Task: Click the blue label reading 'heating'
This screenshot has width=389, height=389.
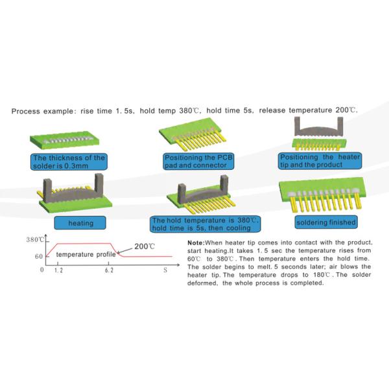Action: pos(80,223)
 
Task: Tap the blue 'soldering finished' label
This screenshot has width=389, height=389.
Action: pos(326,222)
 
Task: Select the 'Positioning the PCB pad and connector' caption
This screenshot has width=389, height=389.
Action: pos(198,161)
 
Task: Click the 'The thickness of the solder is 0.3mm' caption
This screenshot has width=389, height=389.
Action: pos(69,161)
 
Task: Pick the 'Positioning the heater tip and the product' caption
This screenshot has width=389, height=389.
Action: pos(320,161)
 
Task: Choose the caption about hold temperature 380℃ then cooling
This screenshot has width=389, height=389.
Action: pos(205,224)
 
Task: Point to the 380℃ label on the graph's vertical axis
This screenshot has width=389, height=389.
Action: pos(35,240)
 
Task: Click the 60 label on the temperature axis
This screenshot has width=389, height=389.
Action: pos(39,256)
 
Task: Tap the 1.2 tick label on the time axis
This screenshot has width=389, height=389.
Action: pos(58,270)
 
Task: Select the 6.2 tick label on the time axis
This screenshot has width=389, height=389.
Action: pos(109,270)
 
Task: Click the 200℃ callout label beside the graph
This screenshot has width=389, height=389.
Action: pos(145,246)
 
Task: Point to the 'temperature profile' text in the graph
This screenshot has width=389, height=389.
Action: pos(86,255)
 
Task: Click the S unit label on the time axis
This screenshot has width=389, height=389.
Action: pos(165,270)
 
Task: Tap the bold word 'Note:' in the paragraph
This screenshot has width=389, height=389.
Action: pos(196,242)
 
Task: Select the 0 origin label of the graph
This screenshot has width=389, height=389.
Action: pos(42,270)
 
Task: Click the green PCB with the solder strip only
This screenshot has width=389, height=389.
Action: pos(64,140)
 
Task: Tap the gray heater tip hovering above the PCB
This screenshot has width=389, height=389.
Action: pos(319,127)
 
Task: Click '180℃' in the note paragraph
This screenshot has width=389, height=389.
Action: pos(322,275)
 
